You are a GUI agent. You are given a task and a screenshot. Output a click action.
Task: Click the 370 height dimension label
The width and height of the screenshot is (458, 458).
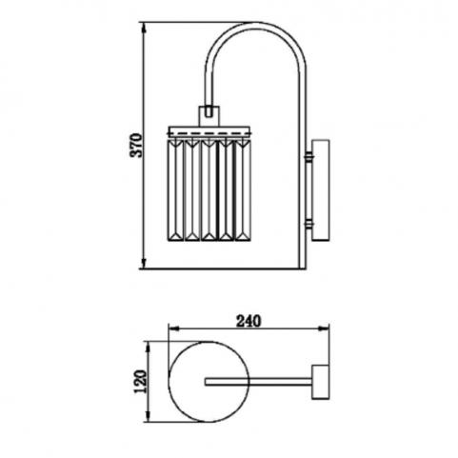click(136, 146)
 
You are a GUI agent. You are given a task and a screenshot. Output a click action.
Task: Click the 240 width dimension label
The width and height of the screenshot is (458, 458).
click(249, 322)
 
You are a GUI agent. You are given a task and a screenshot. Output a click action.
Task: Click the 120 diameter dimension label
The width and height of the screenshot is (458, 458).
click(140, 382)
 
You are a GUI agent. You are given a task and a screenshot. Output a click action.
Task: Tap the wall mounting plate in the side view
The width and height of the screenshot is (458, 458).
click(321, 189)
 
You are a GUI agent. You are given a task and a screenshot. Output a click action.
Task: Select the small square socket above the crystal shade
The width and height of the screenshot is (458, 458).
click(209, 116)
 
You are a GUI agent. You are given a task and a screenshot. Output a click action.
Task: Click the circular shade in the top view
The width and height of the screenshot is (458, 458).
click(209, 382)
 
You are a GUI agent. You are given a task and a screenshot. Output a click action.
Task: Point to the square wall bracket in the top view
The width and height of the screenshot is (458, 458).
click(321, 382)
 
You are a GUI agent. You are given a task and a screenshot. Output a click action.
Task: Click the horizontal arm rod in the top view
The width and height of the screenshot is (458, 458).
click(258, 382)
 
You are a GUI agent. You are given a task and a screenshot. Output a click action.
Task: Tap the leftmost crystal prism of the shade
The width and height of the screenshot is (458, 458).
click(175, 189)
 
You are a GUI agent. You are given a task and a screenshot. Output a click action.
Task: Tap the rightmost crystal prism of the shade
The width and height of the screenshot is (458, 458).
click(243, 189)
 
